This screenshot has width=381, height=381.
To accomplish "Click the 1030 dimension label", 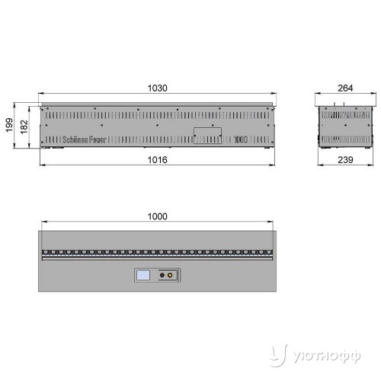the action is (x=158, y=88).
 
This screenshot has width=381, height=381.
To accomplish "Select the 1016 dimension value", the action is (x=158, y=160).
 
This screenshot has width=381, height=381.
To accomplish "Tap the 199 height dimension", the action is (x=9, y=125).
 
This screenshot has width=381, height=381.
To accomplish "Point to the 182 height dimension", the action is (x=24, y=127).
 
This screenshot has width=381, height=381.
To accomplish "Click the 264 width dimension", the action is (x=345, y=88).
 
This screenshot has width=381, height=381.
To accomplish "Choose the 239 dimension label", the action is (x=345, y=160).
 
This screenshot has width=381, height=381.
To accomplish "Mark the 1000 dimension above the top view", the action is (x=158, y=216).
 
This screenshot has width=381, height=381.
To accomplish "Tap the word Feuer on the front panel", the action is (x=98, y=139).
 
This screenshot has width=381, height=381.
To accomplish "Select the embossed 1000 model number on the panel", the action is (x=241, y=139).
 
